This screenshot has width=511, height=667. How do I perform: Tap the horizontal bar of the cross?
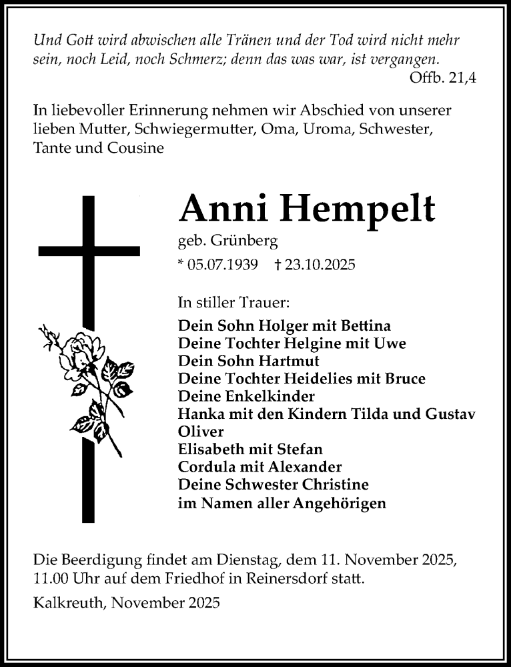tap(89, 251)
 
